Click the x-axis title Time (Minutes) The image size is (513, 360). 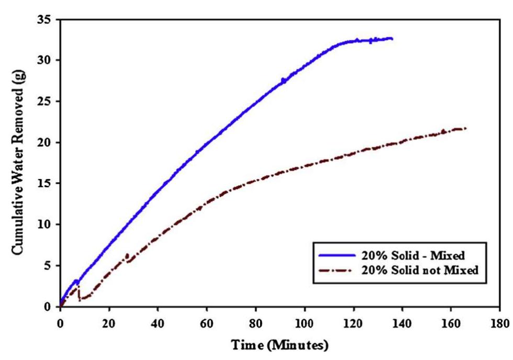[x=280, y=345]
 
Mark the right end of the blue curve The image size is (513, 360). [x=392, y=39]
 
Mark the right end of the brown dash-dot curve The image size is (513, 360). [x=465, y=128]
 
